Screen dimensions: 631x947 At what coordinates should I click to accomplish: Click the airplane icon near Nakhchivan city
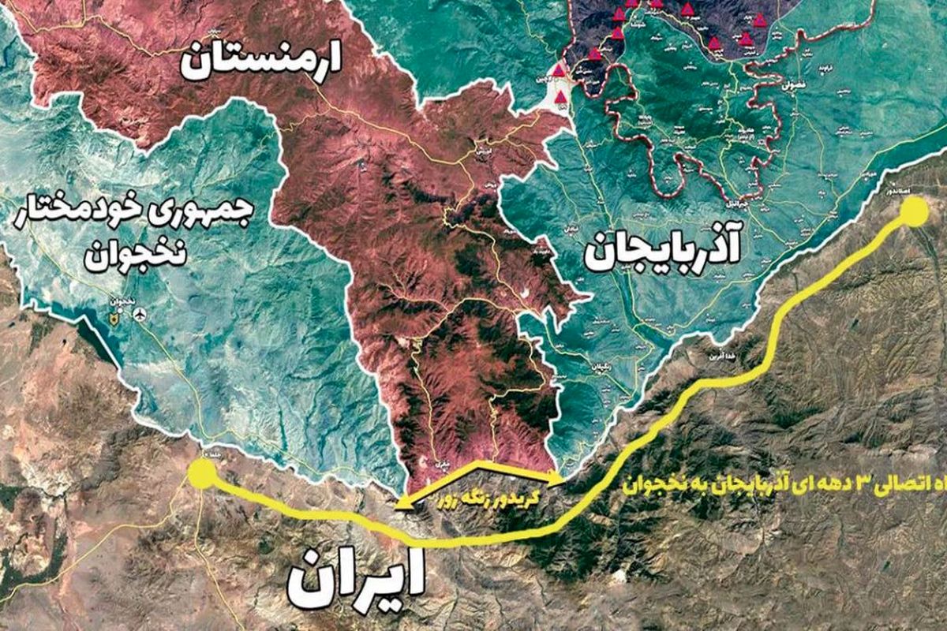tap(141, 315)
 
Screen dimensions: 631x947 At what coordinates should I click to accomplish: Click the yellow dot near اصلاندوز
tap(914, 212)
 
